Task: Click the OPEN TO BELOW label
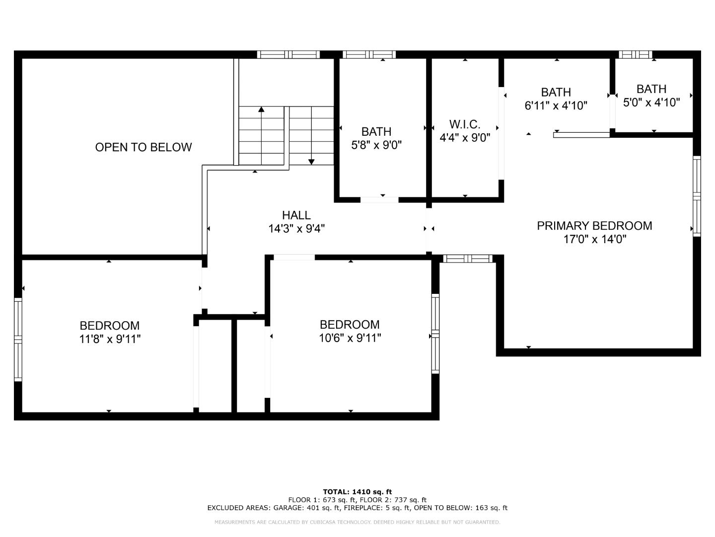[143, 147]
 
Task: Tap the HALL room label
[296, 215]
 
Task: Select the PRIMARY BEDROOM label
[594, 226]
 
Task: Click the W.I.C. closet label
[465, 124]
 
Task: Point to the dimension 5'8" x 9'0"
[376, 145]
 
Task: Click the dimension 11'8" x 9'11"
[110, 339]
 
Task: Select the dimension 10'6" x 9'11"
[350, 338]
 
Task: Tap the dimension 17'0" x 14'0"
[594, 239]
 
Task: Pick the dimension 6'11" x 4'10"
[556, 105]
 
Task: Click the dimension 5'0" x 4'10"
[651, 102]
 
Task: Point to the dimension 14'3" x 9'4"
[296, 229]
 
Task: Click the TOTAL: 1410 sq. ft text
[357, 492]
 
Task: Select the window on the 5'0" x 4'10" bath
[635, 55]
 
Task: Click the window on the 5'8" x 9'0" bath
[369, 55]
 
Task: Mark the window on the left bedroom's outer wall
[18, 339]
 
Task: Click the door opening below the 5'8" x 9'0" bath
[379, 200]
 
